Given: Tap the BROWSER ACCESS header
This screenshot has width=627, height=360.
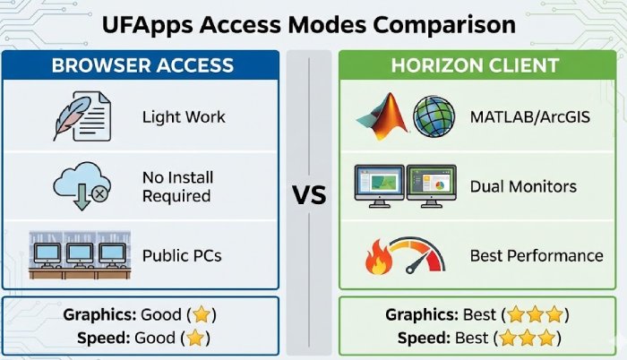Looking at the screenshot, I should pos(142,65).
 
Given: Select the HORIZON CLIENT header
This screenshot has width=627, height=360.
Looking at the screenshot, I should pos(476,65).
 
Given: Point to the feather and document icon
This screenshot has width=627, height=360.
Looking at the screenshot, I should pos(79,117).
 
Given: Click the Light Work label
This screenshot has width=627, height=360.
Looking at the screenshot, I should pos(184,117).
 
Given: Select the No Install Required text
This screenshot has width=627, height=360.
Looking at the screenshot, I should pos(176,186).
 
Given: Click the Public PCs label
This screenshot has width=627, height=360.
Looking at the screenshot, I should pos(182,255).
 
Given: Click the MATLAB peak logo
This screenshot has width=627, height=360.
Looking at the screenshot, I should pos(381,117).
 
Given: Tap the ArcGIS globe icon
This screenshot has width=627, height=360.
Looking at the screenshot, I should pos(434,117).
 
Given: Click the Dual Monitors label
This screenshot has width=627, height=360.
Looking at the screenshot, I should pos(524,187).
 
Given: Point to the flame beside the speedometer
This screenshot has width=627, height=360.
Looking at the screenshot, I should pos(377,258).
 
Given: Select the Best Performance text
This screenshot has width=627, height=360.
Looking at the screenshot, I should pos(537,256).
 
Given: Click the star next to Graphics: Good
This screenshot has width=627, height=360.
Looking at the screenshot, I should pos(202,315).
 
